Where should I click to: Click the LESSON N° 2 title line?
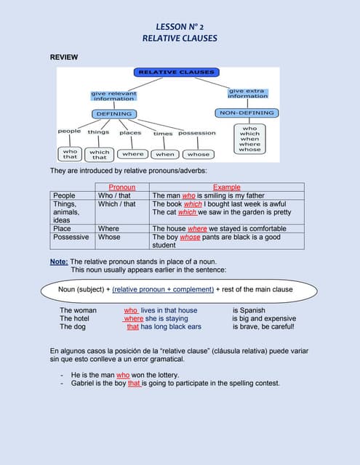click(x=180, y=26)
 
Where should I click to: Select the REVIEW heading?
click(x=63, y=57)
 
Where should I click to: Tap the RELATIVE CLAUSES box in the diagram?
click(x=177, y=72)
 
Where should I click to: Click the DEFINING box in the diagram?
click(x=114, y=113)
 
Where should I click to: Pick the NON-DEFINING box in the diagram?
click(x=247, y=113)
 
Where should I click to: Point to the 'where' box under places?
click(x=132, y=154)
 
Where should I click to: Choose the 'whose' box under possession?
click(x=198, y=154)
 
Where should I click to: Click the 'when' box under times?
click(x=165, y=154)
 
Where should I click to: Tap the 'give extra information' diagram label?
click(x=247, y=94)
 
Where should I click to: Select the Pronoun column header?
click(x=121, y=187)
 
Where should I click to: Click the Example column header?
click(x=226, y=187)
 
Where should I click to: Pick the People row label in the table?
click(x=64, y=195)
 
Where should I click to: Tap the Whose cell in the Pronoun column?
click(x=109, y=237)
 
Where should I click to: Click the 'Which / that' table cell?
click(x=116, y=204)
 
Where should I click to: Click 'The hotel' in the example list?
click(x=74, y=318)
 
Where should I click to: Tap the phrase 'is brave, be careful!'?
click(x=263, y=327)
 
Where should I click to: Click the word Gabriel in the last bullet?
click(x=85, y=383)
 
